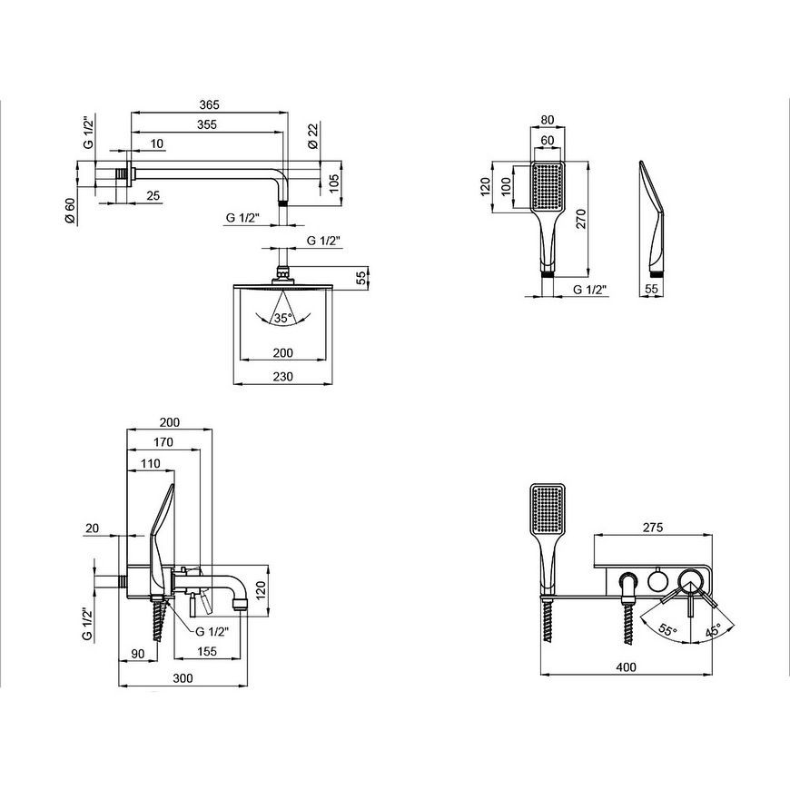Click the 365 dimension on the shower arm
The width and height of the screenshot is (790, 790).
209,104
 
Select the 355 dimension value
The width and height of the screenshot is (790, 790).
206,124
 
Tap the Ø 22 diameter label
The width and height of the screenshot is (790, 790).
313,136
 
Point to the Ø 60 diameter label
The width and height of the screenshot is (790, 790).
70,211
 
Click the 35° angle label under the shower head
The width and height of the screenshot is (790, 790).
283,318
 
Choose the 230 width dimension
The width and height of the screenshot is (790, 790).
282,376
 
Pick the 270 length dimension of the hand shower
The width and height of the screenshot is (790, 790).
581,219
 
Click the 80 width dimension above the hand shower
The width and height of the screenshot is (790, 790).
548,120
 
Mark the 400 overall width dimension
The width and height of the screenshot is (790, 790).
626,667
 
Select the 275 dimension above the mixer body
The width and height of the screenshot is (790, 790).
653,528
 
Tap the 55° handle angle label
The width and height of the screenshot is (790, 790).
667,630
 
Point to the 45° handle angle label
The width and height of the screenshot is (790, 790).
713,630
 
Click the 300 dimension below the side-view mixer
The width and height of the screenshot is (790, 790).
183,678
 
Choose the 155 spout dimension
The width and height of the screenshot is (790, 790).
206,651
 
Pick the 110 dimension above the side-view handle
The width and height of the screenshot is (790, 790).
151,463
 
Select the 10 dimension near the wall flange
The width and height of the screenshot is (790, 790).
157,143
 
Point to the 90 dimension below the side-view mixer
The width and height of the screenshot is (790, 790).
137,654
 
